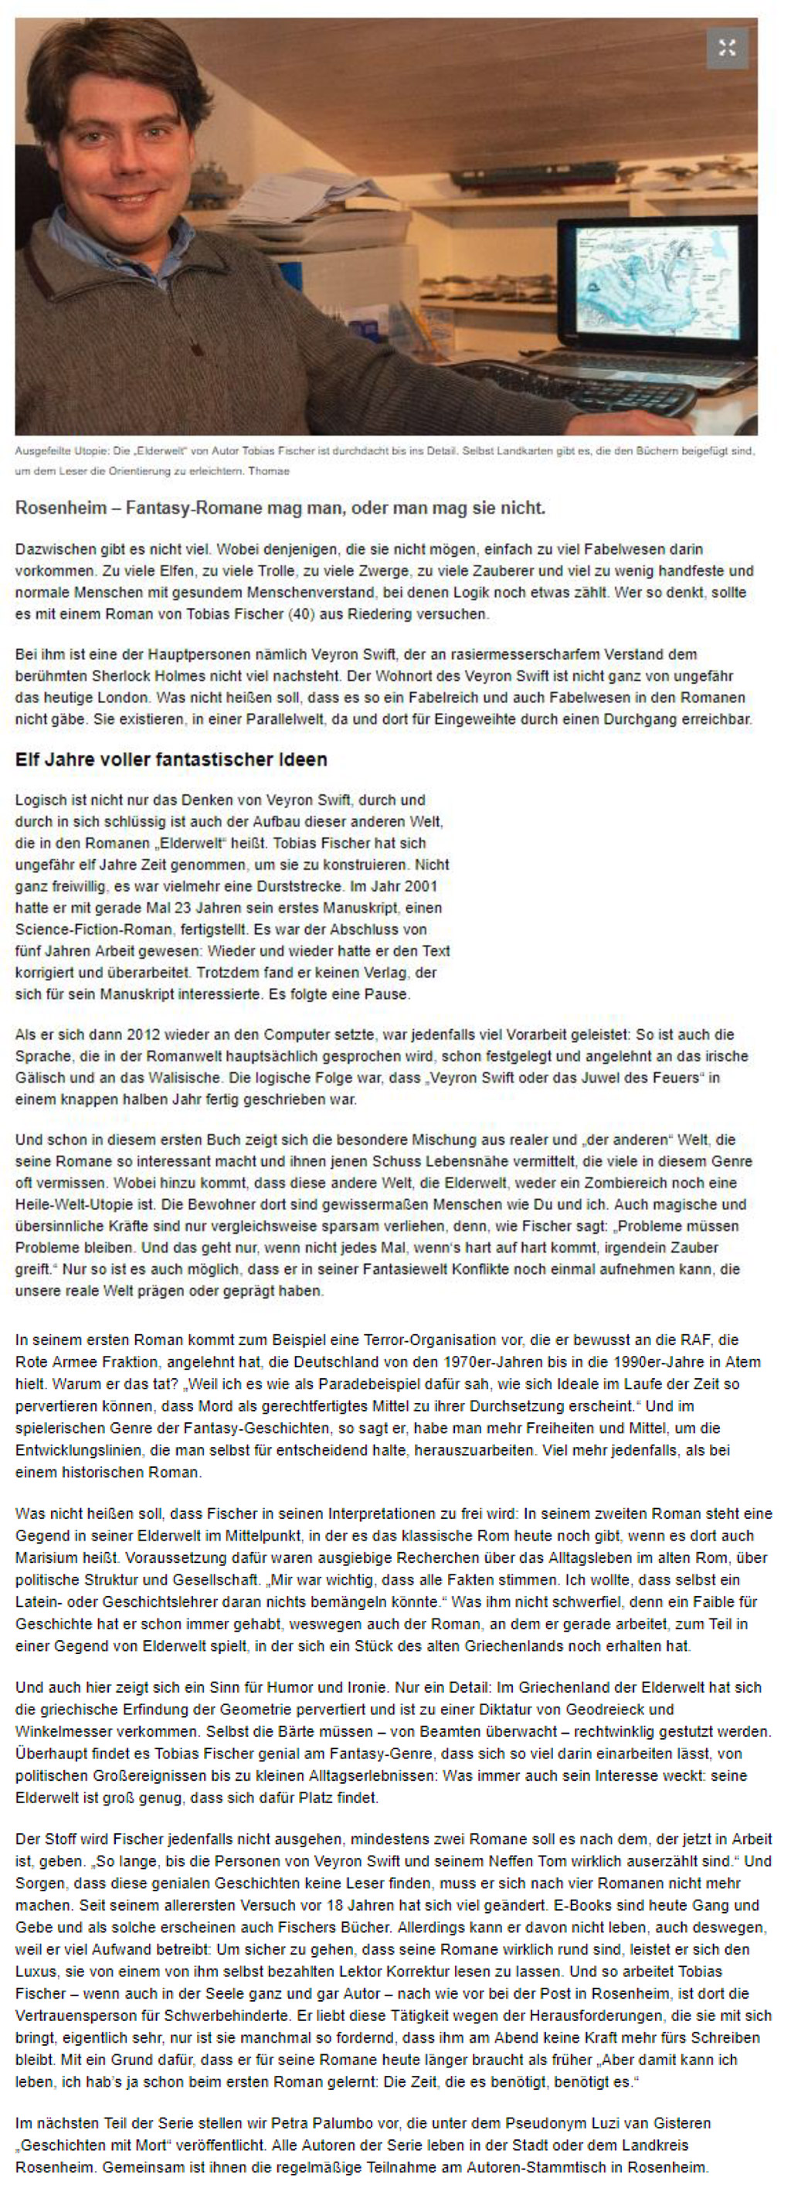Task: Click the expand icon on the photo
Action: pyautogui.click(x=727, y=48)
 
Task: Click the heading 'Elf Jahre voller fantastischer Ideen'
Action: pyautogui.click(x=171, y=759)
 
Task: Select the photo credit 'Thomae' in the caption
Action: pyautogui.click(x=268, y=471)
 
